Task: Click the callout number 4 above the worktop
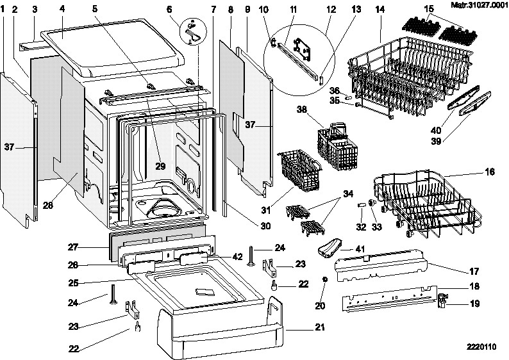tap(62, 9)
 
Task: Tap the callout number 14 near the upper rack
tap(380, 9)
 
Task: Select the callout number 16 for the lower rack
tap(490, 172)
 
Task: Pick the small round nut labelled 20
tap(326, 279)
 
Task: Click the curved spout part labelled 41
tap(332, 247)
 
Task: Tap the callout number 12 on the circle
tap(331, 9)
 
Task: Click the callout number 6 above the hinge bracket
tap(169, 9)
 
